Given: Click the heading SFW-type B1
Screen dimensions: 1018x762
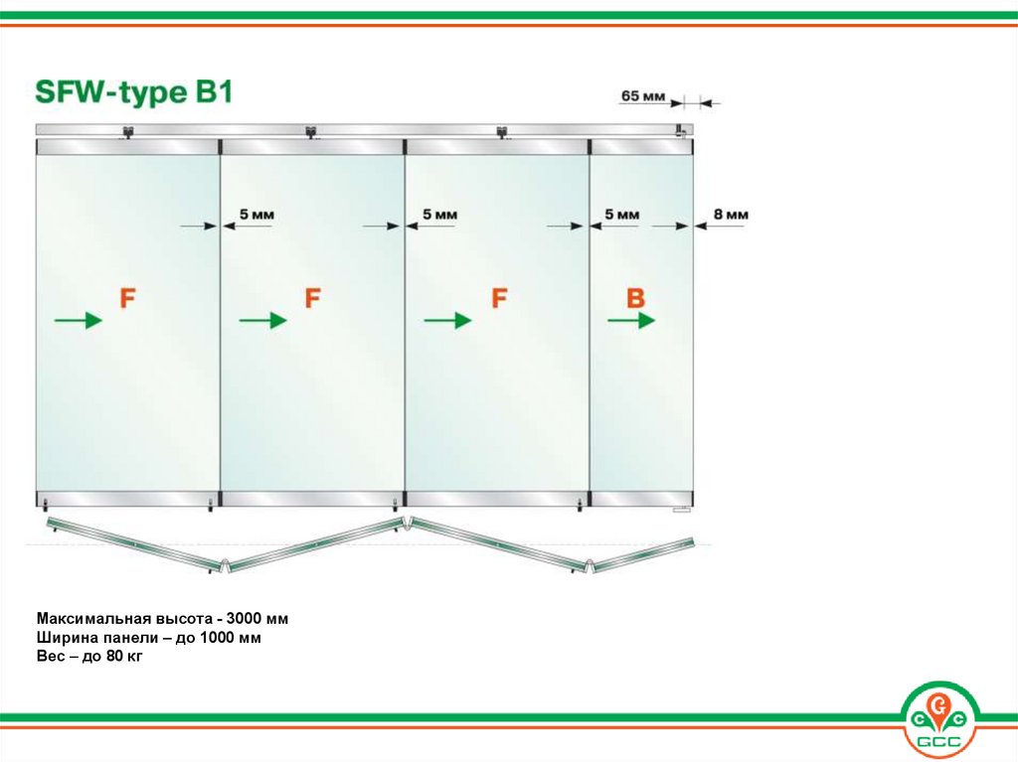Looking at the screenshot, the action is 133,92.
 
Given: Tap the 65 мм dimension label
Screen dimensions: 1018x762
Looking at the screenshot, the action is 643,96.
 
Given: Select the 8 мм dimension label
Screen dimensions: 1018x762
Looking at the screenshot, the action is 731,215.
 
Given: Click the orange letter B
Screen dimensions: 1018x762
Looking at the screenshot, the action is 635,298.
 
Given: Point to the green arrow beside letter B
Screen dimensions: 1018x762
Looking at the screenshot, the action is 631,320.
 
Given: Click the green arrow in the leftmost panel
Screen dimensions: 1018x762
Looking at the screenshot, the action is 78,320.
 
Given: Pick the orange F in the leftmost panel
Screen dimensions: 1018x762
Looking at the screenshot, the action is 127,298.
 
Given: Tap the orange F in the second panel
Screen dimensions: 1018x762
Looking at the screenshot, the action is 313,298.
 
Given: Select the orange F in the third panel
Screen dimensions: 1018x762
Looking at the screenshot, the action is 499,298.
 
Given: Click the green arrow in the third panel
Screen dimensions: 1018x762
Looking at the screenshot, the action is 447,320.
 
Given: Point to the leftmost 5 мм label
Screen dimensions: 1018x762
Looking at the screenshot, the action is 257,215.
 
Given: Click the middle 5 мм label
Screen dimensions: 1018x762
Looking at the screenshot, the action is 440,215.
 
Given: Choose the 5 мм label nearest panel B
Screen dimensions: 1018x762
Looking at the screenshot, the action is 622,215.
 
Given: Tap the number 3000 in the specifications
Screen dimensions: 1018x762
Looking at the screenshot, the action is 246,618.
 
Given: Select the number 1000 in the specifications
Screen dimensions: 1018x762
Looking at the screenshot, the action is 219,638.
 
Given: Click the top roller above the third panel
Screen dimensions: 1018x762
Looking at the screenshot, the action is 502,132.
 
